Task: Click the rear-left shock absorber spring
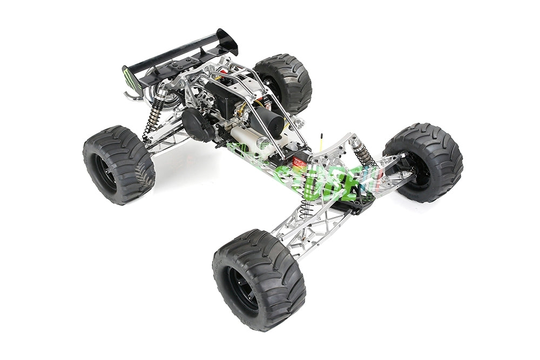(x=154, y=114)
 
